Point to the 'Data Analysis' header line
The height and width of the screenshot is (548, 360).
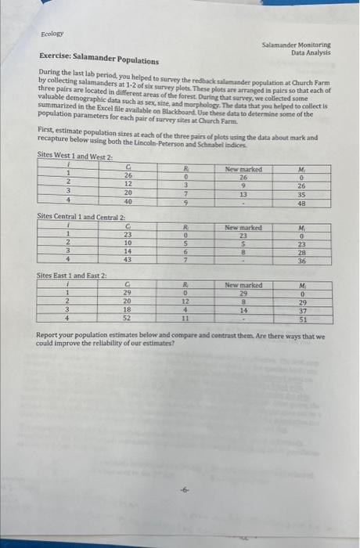coord(310,52)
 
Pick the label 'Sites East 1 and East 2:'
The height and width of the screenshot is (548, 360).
coord(74,276)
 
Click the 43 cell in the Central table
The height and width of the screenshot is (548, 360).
coord(128,261)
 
